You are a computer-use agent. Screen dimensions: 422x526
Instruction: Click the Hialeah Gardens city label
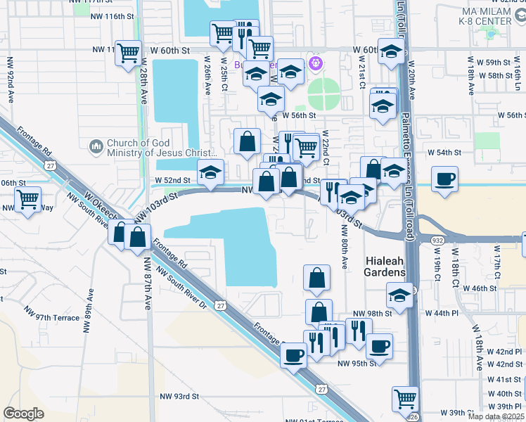(385, 267)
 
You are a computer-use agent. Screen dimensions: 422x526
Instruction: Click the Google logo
(23, 414)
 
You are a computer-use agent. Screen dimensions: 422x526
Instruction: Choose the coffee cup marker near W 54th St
(444, 179)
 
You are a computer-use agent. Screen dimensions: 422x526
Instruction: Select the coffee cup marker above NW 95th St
(380, 346)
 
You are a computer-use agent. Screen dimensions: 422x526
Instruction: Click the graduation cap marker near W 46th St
(399, 295)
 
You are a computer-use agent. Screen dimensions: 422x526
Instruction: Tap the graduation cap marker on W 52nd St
(210, 172)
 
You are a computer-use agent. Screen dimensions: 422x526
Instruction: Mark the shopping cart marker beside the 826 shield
(406, 399)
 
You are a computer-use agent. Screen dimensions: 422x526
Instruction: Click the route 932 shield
(438, 241)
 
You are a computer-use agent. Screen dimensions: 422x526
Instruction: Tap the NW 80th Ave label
(345, 246)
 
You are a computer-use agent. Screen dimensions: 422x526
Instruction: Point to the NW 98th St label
(372, 314)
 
